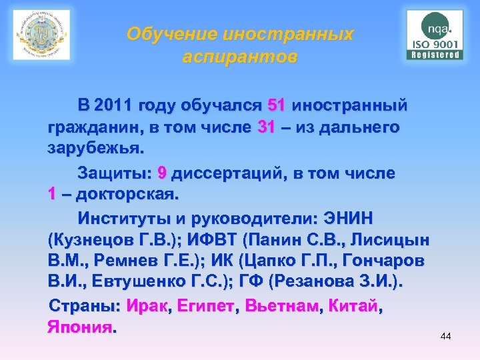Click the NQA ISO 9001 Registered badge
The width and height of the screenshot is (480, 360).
coord(435,35)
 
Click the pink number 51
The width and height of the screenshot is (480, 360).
coord(277,105)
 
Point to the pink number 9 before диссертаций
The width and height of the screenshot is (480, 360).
coord(162,174)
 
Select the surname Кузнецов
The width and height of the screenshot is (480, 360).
coord(95,239)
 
